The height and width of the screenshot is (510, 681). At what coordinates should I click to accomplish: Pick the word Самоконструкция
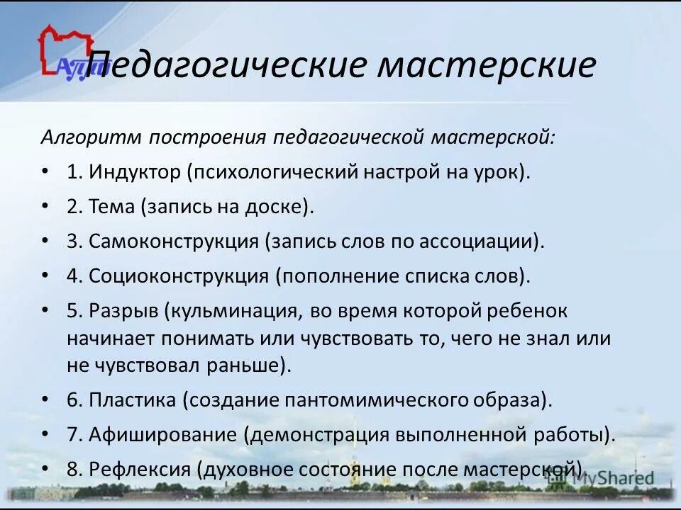pyautogui.click(x=173, y=241)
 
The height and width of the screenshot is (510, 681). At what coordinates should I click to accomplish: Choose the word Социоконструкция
pyautogui.click(x=178, y=276)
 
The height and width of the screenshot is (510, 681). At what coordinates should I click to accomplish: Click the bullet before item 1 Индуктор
pyautogui.click(x=45, y=171)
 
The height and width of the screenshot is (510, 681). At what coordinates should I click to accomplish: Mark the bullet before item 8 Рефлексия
pyautogui.click(x=45, y=469)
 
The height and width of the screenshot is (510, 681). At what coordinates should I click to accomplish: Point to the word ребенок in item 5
pyautogui.click(x=526, y=311)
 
